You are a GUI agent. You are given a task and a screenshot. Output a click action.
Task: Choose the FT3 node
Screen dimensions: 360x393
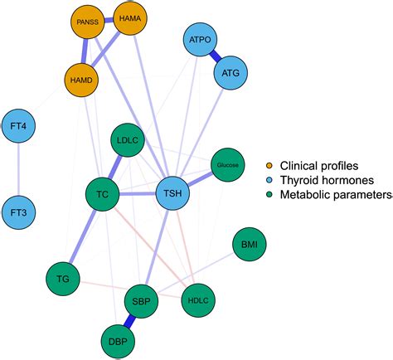pyautogui.click(x=20, y=213)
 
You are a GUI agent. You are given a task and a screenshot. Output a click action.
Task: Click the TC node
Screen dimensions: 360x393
pyautogui.click(x=103, y=195)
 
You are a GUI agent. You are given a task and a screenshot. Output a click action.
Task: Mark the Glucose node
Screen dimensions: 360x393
pyautogui.click(x=228, y=165)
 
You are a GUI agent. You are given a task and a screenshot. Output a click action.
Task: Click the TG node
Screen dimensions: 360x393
pyautogui.click(x=62, y=280)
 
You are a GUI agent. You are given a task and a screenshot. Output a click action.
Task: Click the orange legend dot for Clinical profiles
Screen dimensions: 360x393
pyautogui.click(x=269, y=165)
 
